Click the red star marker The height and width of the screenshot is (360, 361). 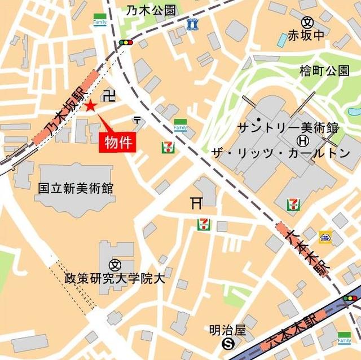[x=91, y=105]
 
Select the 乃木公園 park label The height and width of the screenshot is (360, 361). [x=151, y=10]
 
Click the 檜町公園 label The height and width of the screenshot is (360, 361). [x=324, y=71]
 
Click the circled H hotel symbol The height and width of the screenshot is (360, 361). [x=303, y=139]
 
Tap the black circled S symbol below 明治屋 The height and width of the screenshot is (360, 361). [x=227, y=342]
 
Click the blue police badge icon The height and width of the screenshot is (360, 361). [x=193, y=24]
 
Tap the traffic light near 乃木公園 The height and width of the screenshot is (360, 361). [x=125, y=42]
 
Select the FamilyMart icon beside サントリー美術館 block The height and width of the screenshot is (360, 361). [x=180, y=125]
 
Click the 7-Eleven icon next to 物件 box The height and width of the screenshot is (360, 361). [x=168, y=147]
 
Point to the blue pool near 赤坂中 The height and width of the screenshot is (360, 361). [x=282, y=39]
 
